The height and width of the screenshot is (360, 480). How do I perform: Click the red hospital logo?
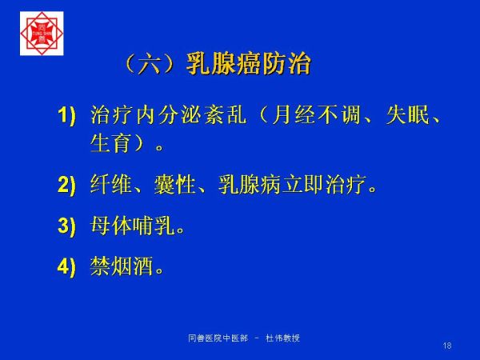(42, 34)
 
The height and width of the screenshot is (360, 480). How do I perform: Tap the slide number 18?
(447, 346)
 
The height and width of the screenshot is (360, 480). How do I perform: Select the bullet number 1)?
(66, 116)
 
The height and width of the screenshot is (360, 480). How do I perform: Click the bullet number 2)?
(66, 185)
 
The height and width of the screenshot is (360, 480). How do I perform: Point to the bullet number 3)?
(66, 226)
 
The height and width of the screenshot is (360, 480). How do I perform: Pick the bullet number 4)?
(66, 266)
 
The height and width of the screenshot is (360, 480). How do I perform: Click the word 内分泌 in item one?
(170, 115)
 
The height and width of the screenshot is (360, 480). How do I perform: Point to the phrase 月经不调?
(316, 115)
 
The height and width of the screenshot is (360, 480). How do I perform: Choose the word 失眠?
(407, 115)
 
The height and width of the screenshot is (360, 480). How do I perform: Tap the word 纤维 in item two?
(111, 185)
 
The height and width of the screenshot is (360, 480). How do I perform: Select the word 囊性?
(174, 185)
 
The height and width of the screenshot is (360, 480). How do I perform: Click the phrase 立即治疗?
(324, 185)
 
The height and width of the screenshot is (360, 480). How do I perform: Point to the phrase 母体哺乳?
(133, 226)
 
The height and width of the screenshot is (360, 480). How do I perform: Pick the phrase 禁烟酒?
(122, 266)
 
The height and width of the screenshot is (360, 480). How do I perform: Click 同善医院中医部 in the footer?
(218, 338)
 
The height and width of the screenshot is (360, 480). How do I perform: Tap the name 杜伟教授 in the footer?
(283, 338)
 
